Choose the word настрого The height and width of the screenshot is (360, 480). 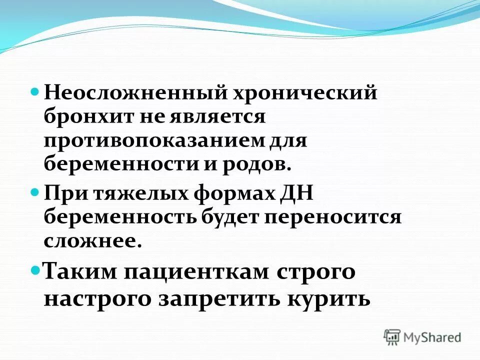click(x=98, y=298)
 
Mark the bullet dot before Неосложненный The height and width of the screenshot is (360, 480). click(x=35, y=92)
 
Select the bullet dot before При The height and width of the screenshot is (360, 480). click(x=35, y=192)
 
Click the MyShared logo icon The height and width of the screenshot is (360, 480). click(x=393, y=337)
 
